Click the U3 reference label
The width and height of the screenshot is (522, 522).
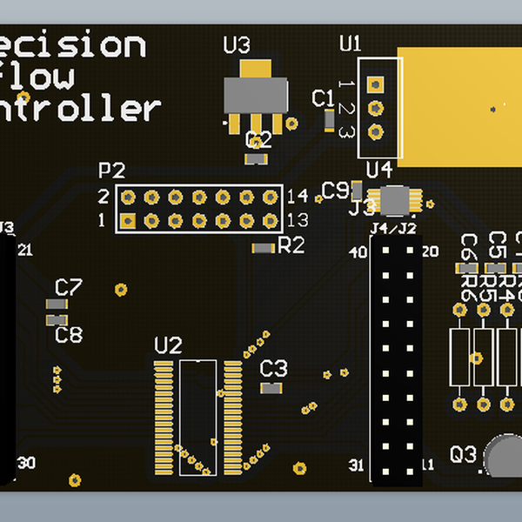point(237,44)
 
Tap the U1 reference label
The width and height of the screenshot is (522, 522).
point(351,43)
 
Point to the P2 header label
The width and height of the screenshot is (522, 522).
point(112,170)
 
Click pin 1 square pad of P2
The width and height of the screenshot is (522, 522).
point(127,221)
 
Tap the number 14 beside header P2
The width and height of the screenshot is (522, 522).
point(297,196)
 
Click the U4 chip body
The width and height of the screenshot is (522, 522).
point(397,199)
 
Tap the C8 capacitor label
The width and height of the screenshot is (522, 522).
point(69,335)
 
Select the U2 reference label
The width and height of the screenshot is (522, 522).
point(168,345)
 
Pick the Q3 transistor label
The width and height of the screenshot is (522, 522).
point(464,454)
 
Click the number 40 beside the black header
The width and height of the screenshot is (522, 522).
point(358,253)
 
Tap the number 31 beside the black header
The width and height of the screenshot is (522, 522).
point(357,465)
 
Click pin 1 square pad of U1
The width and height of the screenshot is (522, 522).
point(376,84)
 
